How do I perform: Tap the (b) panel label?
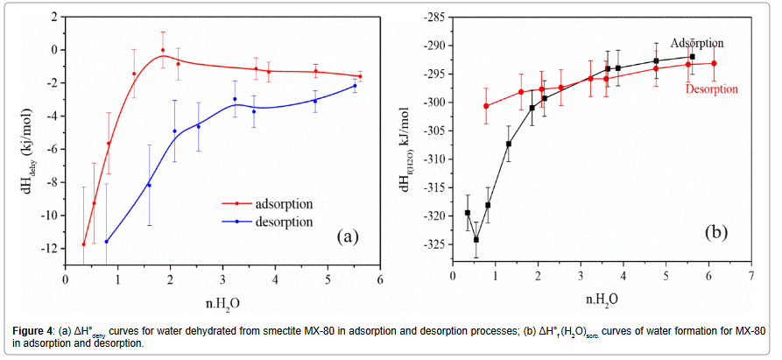tap(715, 233)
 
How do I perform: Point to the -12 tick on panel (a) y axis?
tap(50, 248)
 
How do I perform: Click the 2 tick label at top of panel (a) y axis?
tap(54, 17)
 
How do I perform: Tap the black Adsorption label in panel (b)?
tap(697, 42)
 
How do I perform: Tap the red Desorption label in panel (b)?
tap(711, 88)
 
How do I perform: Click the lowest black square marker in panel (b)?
tap(476, 239)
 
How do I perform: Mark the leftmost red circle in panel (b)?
tap(486, 106)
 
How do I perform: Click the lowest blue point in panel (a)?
tap(107, 242)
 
